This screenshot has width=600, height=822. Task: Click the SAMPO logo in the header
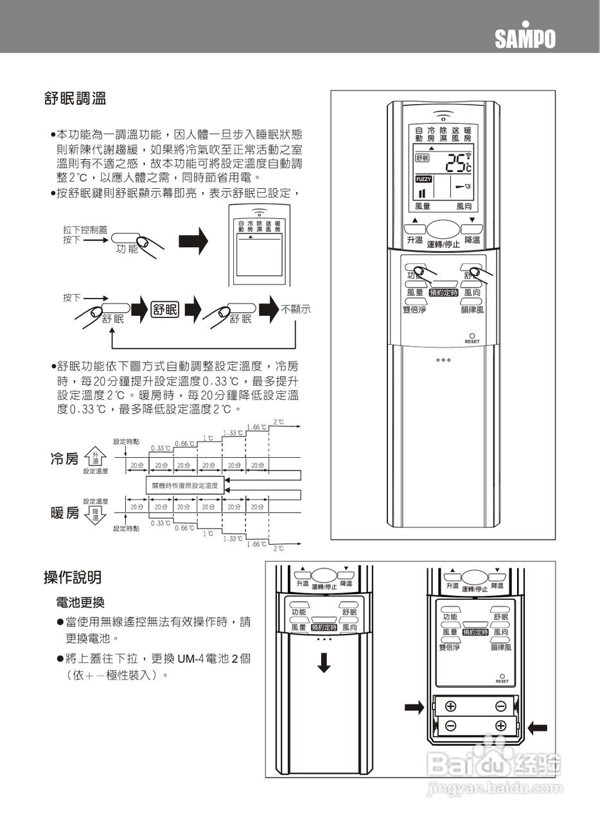(x=525, y=39)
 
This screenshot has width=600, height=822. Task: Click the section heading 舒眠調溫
(x=75, y=99)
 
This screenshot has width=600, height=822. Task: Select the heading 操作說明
(x=72, y=577)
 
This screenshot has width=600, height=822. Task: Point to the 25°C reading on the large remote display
(x=459, y=163)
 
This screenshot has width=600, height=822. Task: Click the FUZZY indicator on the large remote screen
(x=423, y=179)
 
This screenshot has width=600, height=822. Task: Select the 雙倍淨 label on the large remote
(x=414, y=309)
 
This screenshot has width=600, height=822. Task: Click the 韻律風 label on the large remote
(x=472, y=309)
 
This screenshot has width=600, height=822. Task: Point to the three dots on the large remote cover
(x=445, y=360)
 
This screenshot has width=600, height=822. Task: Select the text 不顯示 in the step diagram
(x=296, y=310)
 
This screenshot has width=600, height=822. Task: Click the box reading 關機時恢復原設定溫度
(x=185, y=486)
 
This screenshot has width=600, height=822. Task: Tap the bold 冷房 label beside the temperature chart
(x=65, y=459)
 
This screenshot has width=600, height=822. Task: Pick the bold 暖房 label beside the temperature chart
(x=65, y=513)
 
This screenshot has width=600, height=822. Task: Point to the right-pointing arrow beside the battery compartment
(x=414, y=707)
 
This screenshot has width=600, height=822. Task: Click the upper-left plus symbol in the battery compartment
(x=451, y=706)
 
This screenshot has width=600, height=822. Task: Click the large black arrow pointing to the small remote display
(x=193, y=241)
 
